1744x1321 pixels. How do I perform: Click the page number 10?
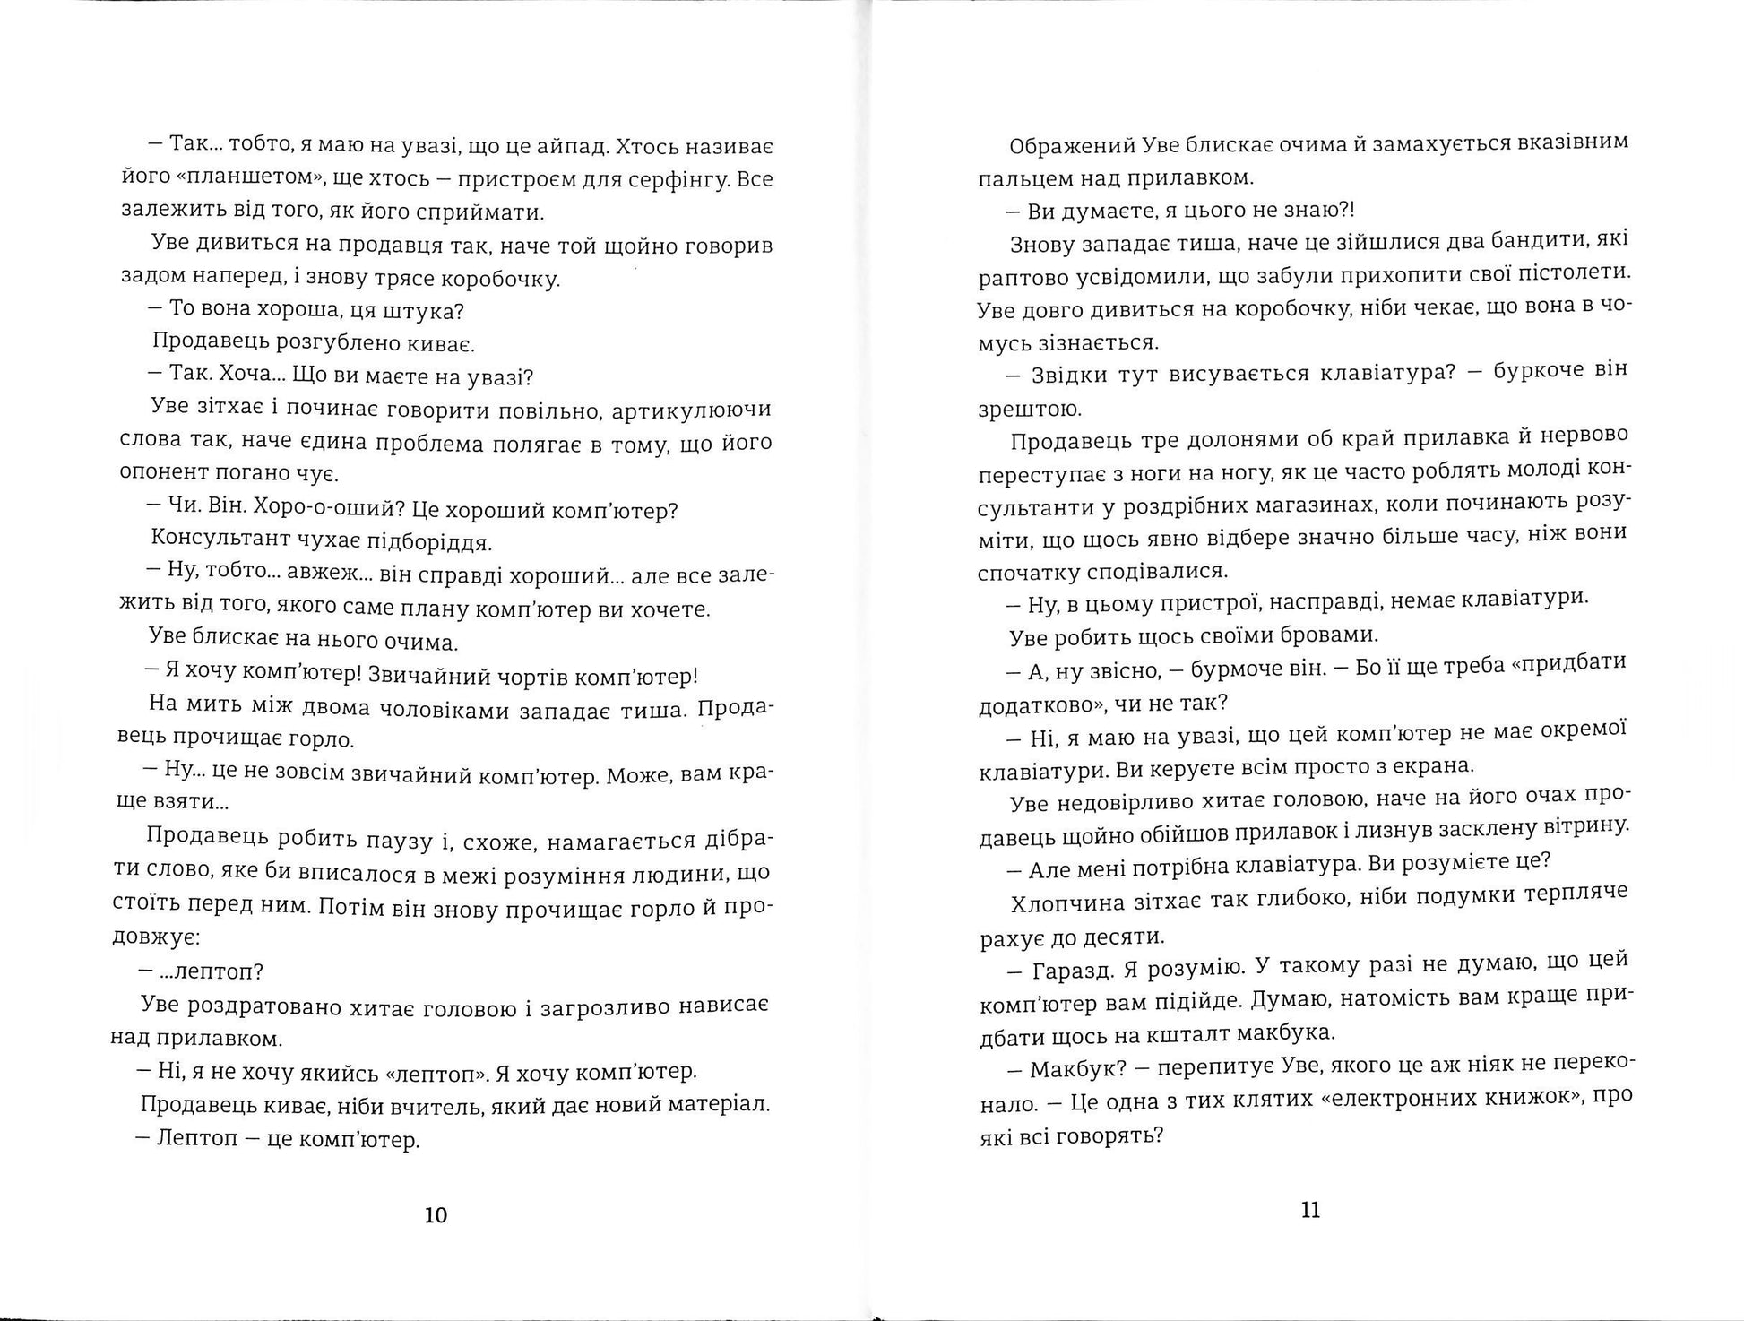(x=435, y=1215)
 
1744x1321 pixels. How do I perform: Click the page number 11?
(x=1310, y=1211)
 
